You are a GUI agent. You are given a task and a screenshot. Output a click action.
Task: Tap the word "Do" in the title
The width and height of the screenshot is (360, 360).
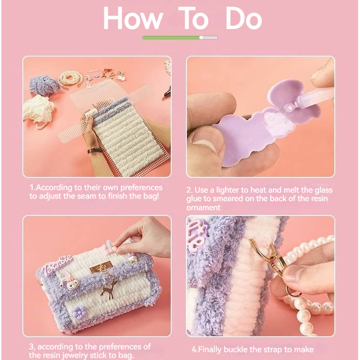tap(244, 19)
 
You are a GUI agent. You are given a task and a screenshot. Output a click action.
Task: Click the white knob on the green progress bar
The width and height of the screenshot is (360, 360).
tap(201, 38)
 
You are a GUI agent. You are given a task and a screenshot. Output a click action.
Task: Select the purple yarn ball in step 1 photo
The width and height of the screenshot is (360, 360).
tap(44, 85)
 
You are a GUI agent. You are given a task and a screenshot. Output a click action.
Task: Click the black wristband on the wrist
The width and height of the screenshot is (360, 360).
tap(94, 151)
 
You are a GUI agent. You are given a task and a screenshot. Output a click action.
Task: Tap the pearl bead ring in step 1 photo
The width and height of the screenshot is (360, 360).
tap(70, 78)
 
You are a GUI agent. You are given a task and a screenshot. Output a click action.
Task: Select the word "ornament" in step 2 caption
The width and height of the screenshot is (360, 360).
tap(204, 207)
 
